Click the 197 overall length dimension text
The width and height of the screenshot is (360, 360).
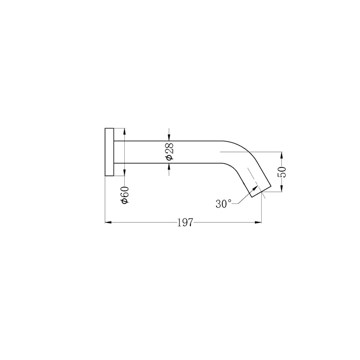[x=185, y=223]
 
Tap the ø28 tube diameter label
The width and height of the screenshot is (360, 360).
[x=170, y=152]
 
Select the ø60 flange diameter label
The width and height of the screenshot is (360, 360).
[x=124, y=195]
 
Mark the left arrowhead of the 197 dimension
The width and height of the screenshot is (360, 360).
[x=108, y=223]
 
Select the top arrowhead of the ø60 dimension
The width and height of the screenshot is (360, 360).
[x=124, y=131]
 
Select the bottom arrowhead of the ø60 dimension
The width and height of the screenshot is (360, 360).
[x=124, y=174]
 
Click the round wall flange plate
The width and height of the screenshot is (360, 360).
[x=109, y=152]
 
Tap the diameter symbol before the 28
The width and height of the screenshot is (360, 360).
[x=170, y=157]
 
